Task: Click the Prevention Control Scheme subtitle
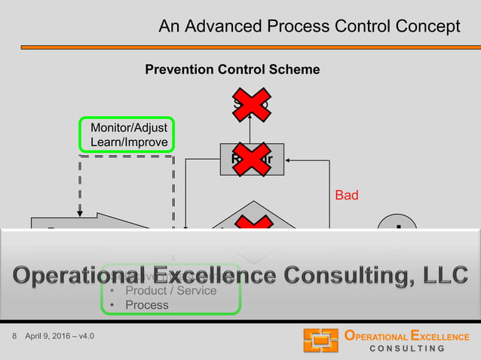tap(232, 70)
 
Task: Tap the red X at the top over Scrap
tap(252, 105)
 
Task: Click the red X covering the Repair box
tap(252, 159)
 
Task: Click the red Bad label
tap(346, 195)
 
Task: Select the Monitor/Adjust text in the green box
tap(129, 128)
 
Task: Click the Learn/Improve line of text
tap(129, 142)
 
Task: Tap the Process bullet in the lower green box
tap(146, 305)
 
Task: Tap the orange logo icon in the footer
tap(320, 341)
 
